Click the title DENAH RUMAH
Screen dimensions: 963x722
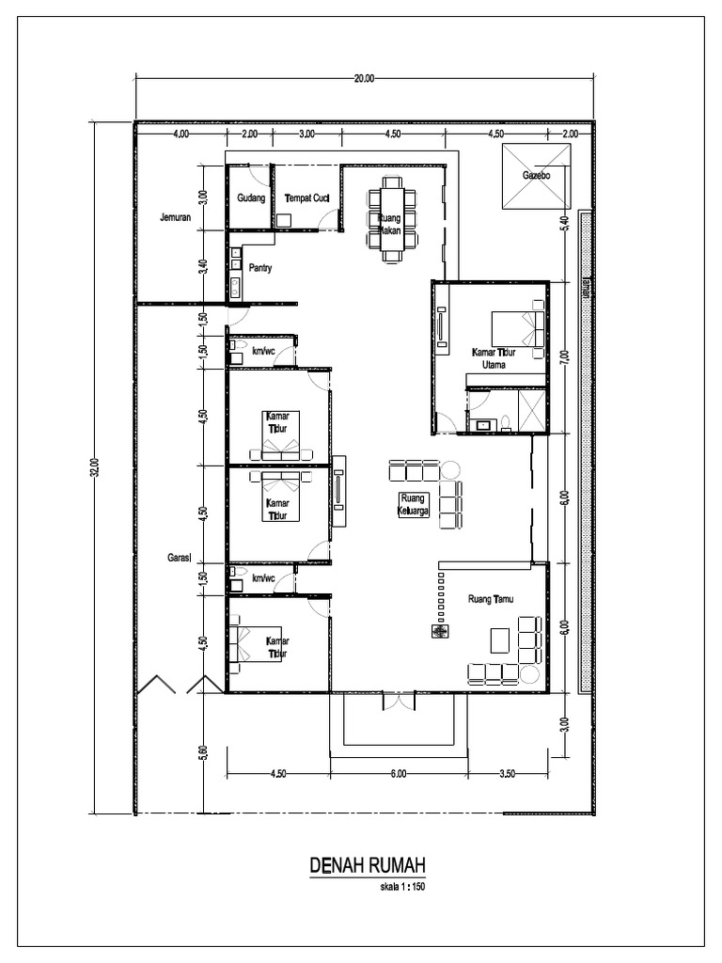(369, 865)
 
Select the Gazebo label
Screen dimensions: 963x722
(536, 176)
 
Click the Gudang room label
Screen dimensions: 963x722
(250, 198)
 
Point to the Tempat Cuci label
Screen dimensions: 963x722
(306, 198)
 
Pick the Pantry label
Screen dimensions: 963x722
(260, 268)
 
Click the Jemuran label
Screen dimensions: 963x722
(176, 218)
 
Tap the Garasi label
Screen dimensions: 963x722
(180, 557)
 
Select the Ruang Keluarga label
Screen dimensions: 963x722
(414, 504)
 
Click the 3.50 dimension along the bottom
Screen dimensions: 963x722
(508, 775)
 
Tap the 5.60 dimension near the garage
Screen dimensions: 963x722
(203, 753)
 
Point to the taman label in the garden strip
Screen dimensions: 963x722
(585, 288)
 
